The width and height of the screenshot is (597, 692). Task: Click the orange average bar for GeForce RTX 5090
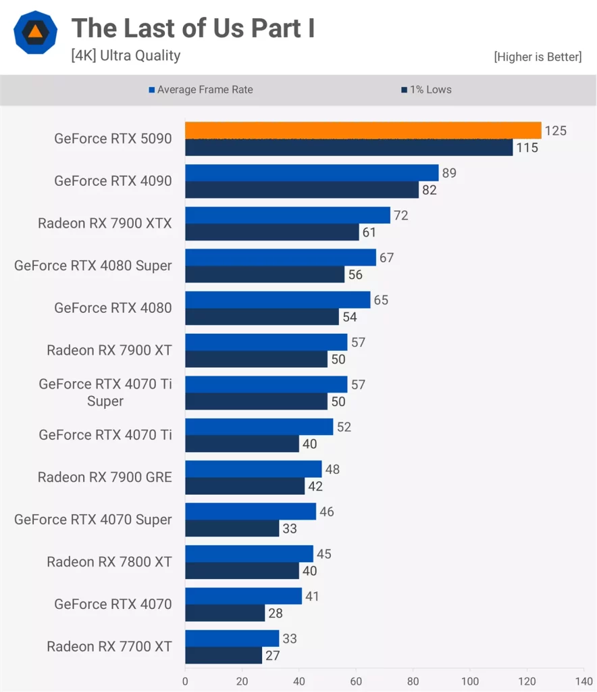[x=363, y=130]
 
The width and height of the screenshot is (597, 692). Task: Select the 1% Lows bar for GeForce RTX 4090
[x=302, y=190]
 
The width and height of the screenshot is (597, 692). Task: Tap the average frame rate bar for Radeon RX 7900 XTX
[x=287, y=216]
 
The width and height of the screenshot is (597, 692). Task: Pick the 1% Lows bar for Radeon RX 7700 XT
[x=223, y=655]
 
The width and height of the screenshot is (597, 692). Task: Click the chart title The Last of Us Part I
[x=193, y=28]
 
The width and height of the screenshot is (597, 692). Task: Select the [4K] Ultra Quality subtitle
[x=126, y=55]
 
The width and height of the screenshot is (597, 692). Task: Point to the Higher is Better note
[x=537, y=57]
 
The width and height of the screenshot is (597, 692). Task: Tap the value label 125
[x=555, y=130]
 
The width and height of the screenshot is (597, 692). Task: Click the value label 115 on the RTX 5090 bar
[x=527, y=147]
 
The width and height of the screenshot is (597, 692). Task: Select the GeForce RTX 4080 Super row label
[x=93, y=266]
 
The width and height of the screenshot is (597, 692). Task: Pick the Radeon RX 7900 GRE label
[x=105, y=477]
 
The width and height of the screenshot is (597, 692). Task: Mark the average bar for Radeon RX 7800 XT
[x=249, y=554]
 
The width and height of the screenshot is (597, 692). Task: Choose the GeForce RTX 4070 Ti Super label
[x=105, y=393]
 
